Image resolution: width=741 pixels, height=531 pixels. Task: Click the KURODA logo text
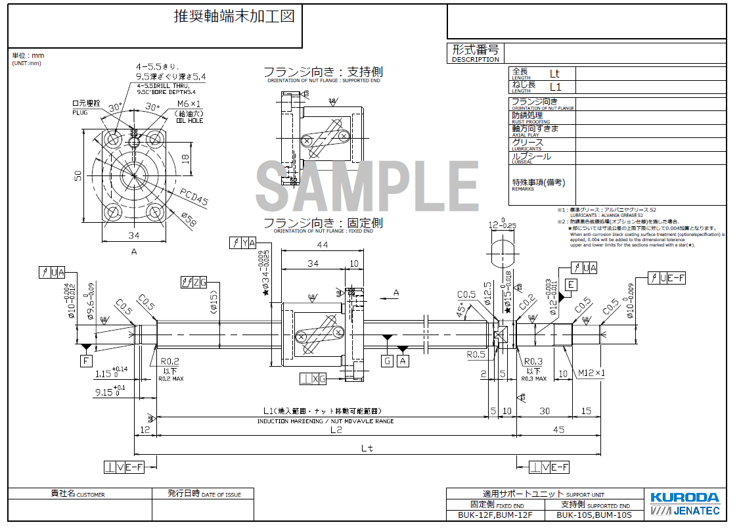coord(685,497)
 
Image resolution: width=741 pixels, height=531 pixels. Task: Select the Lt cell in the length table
coord(555,74)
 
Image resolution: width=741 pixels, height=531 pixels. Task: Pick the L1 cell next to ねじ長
coord(555,87)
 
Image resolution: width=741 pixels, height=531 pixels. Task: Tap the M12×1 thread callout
coord(592,373)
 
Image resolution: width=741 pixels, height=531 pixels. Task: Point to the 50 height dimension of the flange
coord(78,175)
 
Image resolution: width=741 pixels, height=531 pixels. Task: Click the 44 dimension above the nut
coord(321,245)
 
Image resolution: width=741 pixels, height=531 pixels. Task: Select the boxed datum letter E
coord(571,285)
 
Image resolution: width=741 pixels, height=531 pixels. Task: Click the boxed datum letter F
coord(86,360)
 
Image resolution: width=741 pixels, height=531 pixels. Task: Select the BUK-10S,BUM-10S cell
coord(590,515)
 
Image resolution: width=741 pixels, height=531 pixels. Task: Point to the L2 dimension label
coord(336,430)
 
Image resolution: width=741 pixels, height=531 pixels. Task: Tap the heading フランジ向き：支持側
coord(323,72)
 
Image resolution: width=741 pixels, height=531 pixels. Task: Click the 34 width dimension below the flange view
coord(134,236)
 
